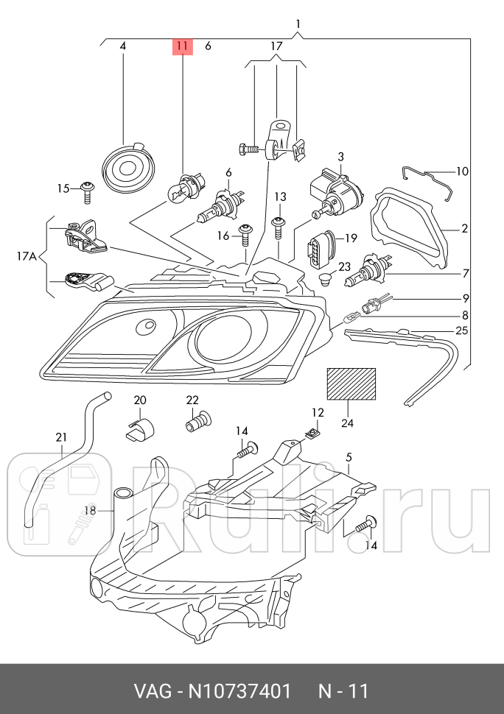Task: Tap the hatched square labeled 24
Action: pyautogui.click(x=351, y=383)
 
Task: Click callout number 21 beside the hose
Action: pyautogui.click(x=61, y=437)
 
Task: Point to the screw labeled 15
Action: pyautogui.click(x=88, y=191)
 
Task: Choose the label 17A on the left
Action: pyautogui.click(x=26, y=257)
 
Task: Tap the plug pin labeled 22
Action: pyautogui.click(x=197, y=423)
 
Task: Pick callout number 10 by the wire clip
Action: pyautogui.click(x=462, y=172)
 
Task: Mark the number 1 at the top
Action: pyautogui.click(x=298, y=24)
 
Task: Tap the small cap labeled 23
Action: pyautogui.click(x=324, y=280)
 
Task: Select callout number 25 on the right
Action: pyautogui.click(x=462, y=331)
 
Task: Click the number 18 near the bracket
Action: pyautogui.click(x=90, y=510)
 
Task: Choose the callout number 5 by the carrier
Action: pyautogui.click(x=349, y=456)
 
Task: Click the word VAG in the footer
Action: pyautogui.click(x=149, y=692)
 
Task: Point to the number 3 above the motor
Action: pyautogui.click(x=341, y=157)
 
